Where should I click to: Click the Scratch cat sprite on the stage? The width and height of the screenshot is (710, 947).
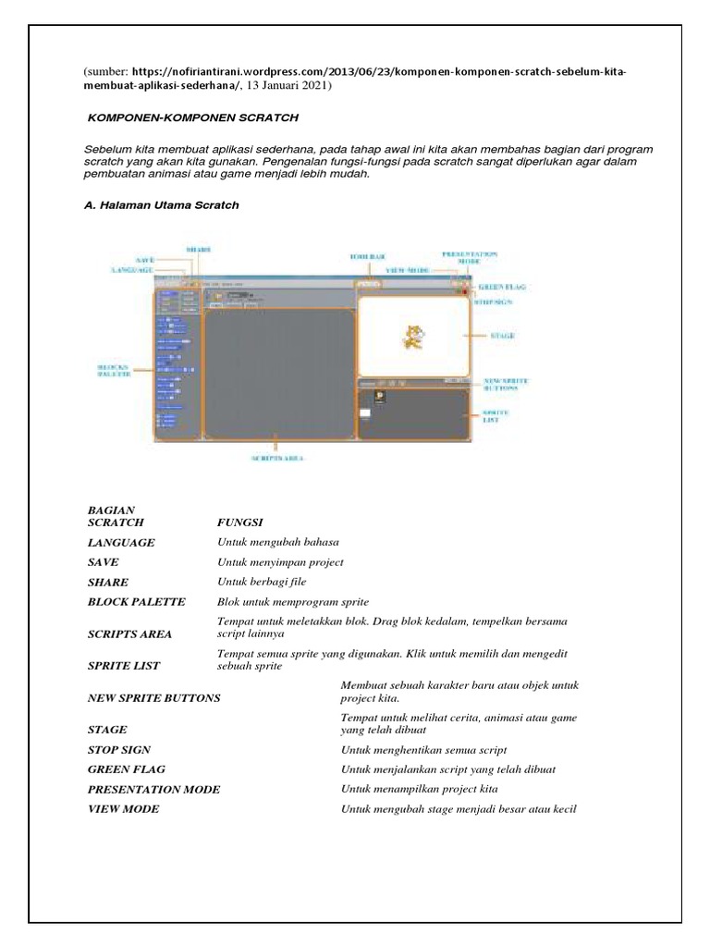point(410,339)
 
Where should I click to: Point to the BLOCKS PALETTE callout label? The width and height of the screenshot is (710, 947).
point(115,371)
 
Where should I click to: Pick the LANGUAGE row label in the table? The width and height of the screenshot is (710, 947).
point(121,542)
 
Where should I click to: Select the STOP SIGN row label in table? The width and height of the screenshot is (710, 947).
point(118,749)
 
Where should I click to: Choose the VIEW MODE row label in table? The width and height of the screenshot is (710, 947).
point(123,809)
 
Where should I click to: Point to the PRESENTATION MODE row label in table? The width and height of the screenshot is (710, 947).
point(153,790)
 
